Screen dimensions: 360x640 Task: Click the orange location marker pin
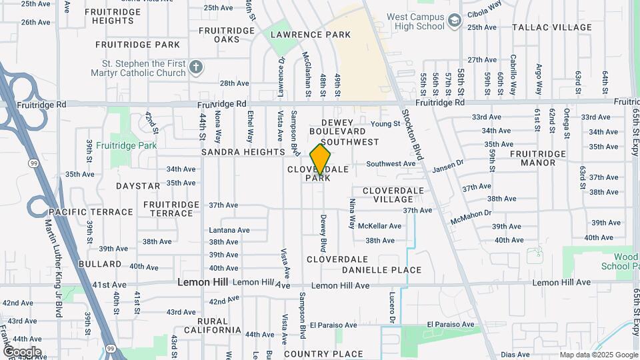(x=321, y=159)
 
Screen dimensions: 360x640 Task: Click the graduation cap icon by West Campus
(x=455, y=22)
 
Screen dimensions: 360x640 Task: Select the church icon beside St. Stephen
(x=195, y=67)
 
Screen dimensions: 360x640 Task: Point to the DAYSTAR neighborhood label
(x=138, y=185)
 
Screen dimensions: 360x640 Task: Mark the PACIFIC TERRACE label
(x=91, y=212)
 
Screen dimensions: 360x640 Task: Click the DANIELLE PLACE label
(x=381, y=270)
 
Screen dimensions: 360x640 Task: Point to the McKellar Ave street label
(x=379, y=226)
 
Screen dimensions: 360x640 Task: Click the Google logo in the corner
(x=21, y=351)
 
